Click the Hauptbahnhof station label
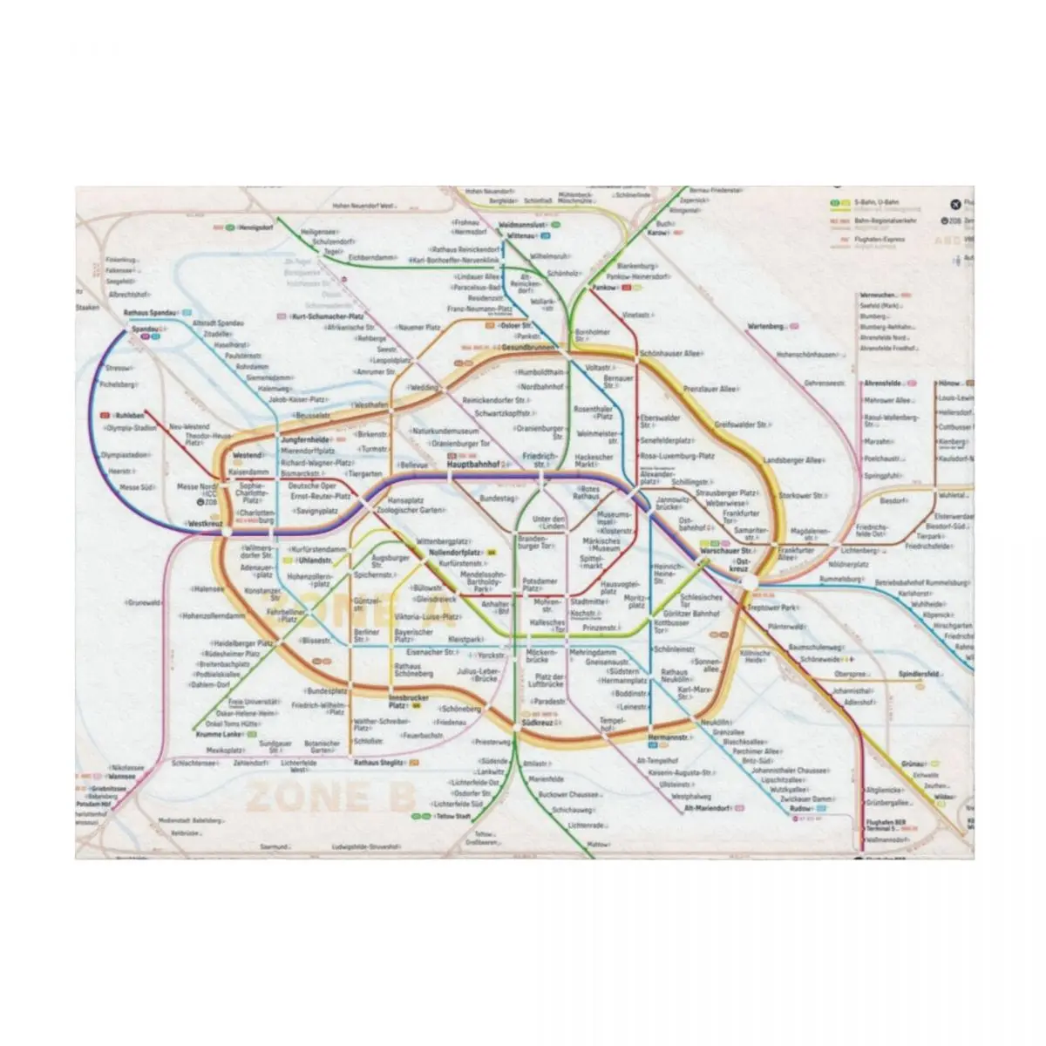[x=471, y=465]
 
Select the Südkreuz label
[x=537, y=723]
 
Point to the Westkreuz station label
[x=201, y=524]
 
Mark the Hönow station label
[x=949, y=383]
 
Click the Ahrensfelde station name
[x=881, y=383]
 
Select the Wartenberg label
[x=766, y=326]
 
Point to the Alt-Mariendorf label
[x=706, y=808]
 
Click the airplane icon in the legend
[x=954, y=204]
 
